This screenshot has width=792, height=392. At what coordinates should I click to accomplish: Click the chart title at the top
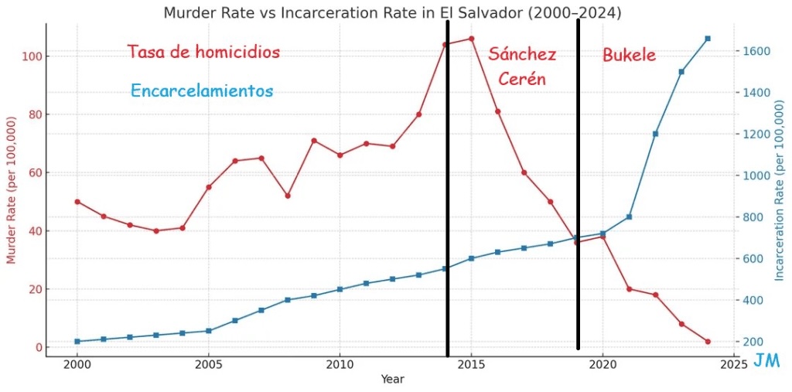point(392,13)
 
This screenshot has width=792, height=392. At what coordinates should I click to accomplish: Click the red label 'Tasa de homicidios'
point(203,53)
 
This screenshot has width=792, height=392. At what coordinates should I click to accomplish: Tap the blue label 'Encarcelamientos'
point(202,91)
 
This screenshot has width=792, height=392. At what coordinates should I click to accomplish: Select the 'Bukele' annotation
point(629,55)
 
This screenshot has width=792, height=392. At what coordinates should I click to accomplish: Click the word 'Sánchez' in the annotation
point(522,54)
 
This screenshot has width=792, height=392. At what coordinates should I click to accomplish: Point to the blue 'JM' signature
point(766,361)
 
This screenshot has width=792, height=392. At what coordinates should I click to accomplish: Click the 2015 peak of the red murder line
point(471,39)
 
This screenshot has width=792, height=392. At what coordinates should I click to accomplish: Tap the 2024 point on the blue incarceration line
point(708,39)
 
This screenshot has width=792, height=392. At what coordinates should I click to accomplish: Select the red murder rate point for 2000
point(77,202)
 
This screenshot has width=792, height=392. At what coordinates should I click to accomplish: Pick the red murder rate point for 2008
point(288,196)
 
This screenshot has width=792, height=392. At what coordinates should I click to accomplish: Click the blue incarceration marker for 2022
point(655,134)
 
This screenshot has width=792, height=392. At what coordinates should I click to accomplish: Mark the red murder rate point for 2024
point(708,342)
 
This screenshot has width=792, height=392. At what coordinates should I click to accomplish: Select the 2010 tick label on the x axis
point(340,363)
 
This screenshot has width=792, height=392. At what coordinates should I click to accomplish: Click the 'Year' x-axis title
point(392,380)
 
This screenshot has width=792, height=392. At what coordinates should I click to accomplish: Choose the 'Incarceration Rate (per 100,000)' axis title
point(780,191)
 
